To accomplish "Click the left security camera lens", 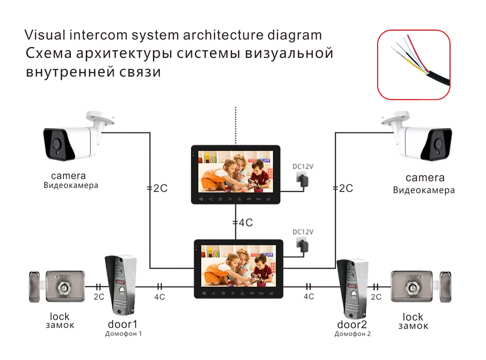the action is (x=56, y=144).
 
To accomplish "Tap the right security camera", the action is (x=417, y=137).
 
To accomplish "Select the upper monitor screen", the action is (x=236, y=171).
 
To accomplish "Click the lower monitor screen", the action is (x=238, y=266).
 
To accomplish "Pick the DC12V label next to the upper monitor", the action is (x=303, y=167).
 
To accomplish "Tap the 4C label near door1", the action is (x=159, y=297).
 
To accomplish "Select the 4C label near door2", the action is (x=309, y=296).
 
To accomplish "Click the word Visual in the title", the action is (x=45, y=34).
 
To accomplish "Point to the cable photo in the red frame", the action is (x=414, y=65).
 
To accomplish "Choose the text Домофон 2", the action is (x=352, y=334).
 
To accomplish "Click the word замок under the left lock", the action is (x=60, y=326).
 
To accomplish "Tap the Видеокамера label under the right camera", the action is (x=424, y=190).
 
